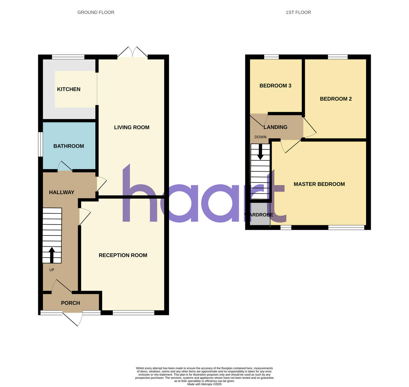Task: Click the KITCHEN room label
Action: pos(69,89)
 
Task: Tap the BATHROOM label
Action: pos(69,146)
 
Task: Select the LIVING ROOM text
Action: pos(132,127)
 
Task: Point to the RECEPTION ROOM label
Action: pos(123,255)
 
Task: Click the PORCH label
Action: pos(70,303)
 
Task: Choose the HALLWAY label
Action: pos(61,192)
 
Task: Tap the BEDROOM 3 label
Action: pos(275,86)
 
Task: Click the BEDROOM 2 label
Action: pos(335,99)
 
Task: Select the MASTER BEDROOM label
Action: pos(319,184)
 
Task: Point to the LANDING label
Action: pos(275,127)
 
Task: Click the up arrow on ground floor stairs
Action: pos(52,255)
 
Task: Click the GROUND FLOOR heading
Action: pos(96,12)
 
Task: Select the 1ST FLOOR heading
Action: pos(298,12)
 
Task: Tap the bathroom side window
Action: pos(40,144)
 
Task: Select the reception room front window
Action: pos(133,313)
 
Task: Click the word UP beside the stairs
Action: pos(52,270)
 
